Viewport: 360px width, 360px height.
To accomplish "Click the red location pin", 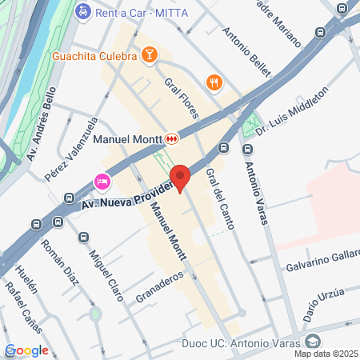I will [181, 178].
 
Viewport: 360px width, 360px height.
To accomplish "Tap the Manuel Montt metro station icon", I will [173, 138].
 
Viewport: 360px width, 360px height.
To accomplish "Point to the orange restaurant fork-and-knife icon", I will [213, 82].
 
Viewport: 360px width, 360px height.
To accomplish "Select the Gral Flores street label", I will [182, 98].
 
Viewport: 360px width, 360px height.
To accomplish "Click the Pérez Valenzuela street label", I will [70, 150].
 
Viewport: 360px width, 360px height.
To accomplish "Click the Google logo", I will [26, 350].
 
